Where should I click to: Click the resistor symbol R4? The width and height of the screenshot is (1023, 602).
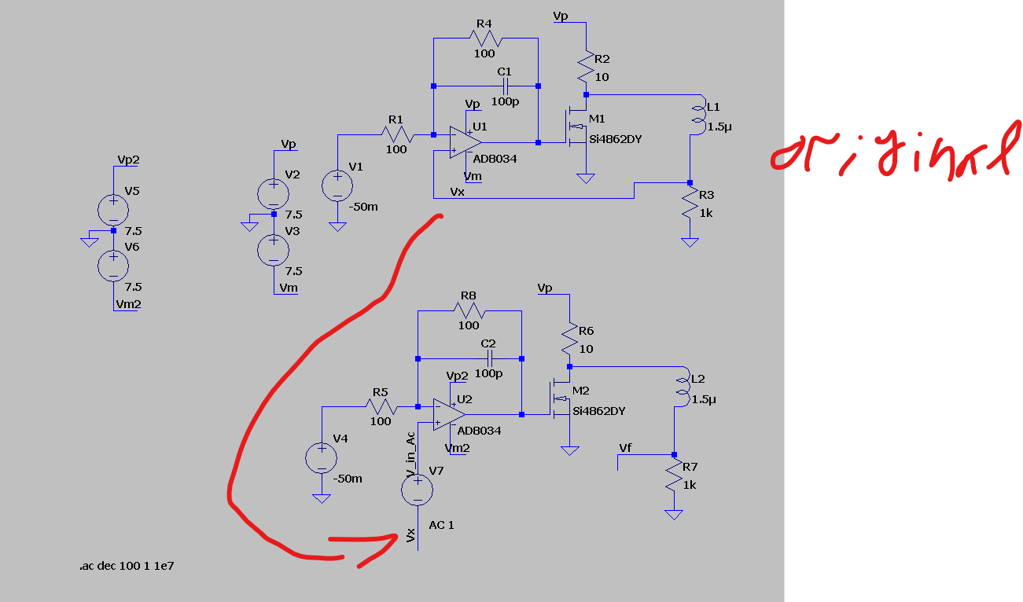[486, 39]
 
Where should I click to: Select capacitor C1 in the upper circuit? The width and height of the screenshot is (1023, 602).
[506, 86]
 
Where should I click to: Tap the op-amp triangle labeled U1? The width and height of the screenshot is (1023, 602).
[465, 142]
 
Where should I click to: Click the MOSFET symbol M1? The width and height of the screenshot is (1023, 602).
[576, 127]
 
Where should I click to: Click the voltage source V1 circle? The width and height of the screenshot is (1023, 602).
[337, 185]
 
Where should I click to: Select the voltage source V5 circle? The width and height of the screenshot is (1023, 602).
[113, 210]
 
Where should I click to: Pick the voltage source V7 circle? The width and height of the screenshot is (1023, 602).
[417, 490]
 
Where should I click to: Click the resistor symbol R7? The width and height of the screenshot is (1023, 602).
[674, 475]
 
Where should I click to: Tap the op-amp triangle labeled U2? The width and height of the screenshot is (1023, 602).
[450, 414]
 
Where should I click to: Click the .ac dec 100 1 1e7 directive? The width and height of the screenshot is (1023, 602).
[127, 566]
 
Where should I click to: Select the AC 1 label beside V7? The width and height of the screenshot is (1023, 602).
[441, 525]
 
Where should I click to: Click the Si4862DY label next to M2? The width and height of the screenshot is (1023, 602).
[598, 411]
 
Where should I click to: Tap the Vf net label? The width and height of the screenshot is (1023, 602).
[625, 448]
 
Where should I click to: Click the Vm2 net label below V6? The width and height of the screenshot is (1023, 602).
[128, 304]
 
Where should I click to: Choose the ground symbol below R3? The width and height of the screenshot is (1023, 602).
[690, 242]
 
